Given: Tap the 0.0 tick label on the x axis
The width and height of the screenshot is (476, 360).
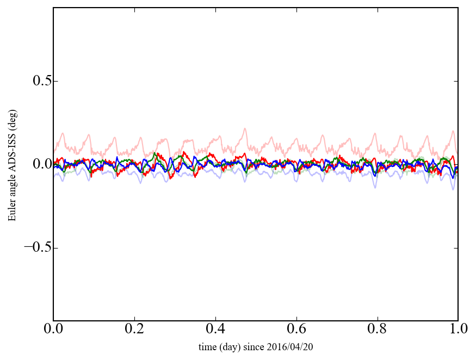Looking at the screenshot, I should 53,330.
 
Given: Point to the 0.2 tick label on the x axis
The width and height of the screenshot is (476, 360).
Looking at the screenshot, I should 134,330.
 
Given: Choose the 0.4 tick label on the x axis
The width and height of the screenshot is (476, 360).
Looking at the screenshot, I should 215,330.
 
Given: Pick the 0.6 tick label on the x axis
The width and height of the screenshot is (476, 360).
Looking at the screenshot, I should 296,330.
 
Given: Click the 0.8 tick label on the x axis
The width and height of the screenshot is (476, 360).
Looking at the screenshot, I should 377,330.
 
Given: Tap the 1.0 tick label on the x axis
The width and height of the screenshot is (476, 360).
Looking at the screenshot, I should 458,330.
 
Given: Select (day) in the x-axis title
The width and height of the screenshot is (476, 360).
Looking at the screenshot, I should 231,346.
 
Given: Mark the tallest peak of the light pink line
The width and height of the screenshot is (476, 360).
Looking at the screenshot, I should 245,129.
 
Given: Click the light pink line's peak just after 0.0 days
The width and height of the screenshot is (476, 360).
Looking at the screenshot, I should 63,133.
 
